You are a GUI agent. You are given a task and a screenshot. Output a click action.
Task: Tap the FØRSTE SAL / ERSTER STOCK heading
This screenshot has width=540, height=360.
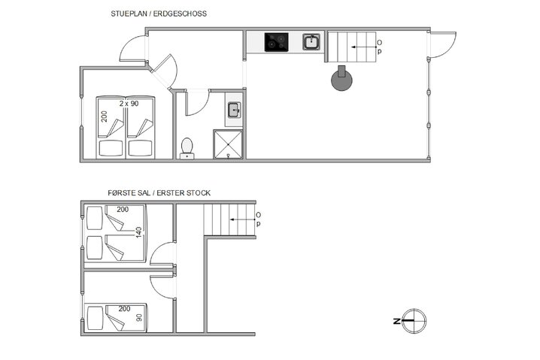point(159,193)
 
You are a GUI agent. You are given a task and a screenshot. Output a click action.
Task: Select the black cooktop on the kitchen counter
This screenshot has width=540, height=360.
point(276,42)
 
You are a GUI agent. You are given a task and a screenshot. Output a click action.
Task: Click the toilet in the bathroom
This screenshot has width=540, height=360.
point(187,146)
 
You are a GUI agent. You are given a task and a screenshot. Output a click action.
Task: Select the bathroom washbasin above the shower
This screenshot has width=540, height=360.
point(233,110)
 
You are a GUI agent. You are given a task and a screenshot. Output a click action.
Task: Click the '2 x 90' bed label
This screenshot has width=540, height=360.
point(129,102)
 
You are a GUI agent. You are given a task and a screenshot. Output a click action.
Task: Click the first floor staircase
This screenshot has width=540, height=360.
point(229,219)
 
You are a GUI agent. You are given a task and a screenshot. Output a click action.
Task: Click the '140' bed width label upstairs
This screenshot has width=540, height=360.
point(138,233)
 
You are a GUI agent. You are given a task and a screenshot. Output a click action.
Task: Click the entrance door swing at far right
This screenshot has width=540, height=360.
point(442,47)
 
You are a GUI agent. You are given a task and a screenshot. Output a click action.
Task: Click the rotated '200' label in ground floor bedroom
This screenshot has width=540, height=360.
point(105,116)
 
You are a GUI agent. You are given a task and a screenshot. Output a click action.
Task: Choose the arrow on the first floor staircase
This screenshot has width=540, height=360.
point(241,219)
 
